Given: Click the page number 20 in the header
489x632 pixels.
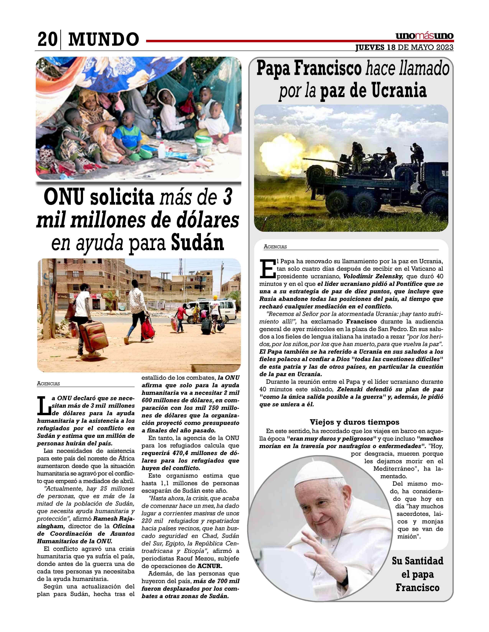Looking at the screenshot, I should (47, 39).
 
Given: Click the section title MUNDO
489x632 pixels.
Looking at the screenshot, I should (103, 39).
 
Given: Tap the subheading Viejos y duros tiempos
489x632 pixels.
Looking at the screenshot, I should (354, 422).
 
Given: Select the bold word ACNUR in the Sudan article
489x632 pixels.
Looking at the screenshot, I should (210, 566).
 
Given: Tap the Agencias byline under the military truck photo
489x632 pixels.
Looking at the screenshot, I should (275, 247).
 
